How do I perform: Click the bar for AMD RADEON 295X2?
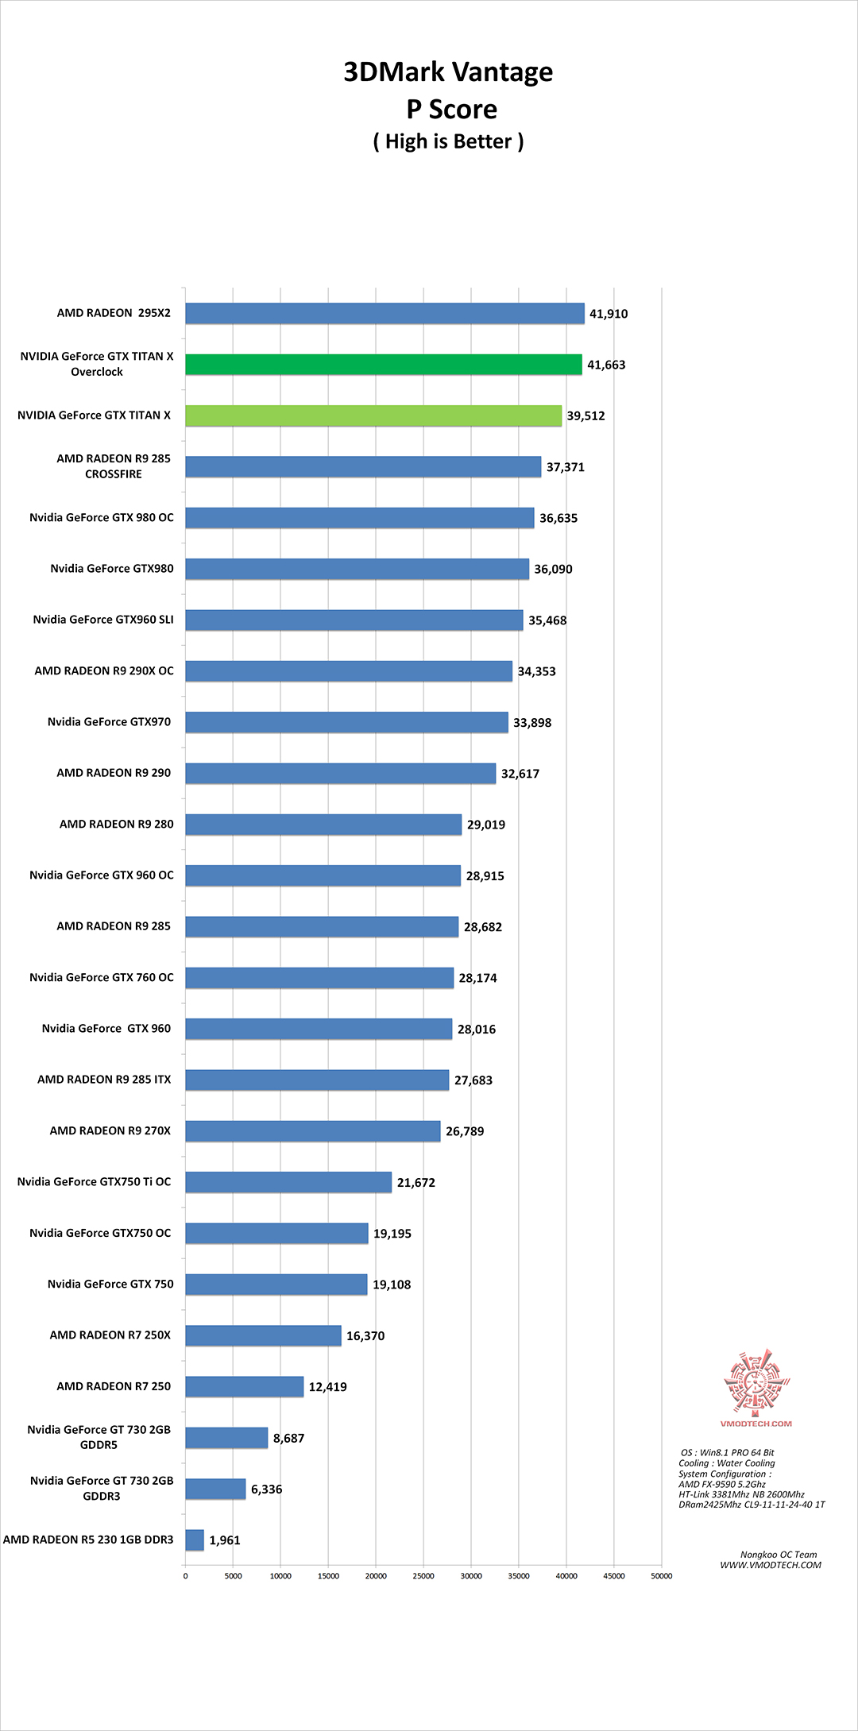click(x=385, y=314)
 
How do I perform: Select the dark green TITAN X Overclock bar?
click(x=384, y=365)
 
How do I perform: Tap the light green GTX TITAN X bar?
click(x=373, y=415)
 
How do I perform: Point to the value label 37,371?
click(x=565, y=467)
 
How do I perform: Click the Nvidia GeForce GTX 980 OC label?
click(x=102, y=518)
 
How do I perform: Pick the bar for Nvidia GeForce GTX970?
click(x=346, y=722)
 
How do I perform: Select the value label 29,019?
click(x=485, y=825)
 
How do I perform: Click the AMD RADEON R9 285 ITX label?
click(x=104, y=1080)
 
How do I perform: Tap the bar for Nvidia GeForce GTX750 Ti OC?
click(x=288, y=1182)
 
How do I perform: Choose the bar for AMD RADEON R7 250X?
click(x=263, y=1335)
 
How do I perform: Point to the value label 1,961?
click(x=224, y=1540)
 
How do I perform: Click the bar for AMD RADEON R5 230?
click(x=195, y=1540)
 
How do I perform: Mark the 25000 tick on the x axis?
click(x=423, y=1576)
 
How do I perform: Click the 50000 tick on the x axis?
click(x=661, y=1576)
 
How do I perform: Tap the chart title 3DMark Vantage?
click(x=448, y=72)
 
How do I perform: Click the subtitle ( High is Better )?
click(x=448, y=141)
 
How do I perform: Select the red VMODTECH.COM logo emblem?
click(x=756, y=1382)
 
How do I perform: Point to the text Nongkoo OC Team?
click(x=778, y=1555)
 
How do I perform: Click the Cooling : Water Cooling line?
click(x=726, y=1463)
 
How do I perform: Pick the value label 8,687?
click(x=288, y=1438)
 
